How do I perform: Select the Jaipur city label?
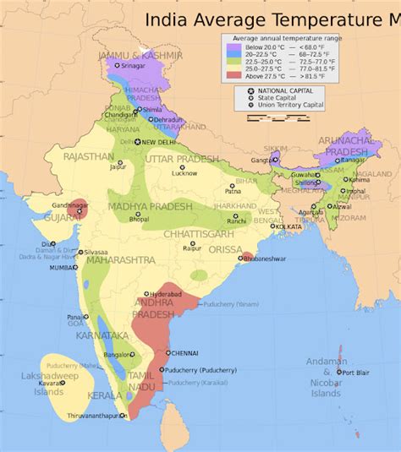point(118,166)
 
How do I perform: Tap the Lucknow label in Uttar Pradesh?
point(184,173)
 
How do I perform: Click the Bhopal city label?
point(139,219)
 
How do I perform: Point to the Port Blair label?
point(354,372)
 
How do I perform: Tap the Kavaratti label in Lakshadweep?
point(52,383)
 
